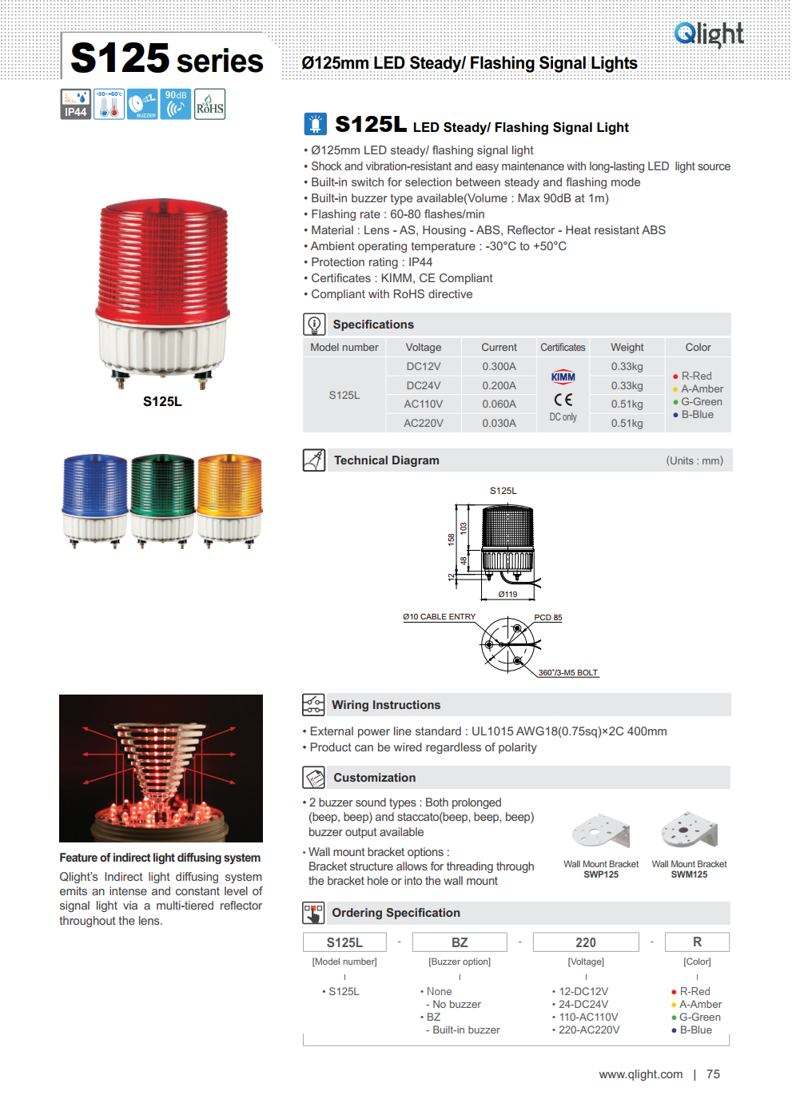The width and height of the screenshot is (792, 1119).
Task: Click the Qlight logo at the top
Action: coord(709,34)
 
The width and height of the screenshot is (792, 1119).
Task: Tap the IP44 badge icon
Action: coord(76,104)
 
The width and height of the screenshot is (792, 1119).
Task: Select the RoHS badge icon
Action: coord(210,104)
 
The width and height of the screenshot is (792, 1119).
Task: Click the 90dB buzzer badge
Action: coord(176,104)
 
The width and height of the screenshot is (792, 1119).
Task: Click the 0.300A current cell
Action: coord(499,367)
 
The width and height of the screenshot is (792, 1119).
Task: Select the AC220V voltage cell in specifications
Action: coord(424,424)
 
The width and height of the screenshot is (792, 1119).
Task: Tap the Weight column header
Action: coord(627,348)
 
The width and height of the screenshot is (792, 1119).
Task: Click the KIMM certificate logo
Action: coord(563,377)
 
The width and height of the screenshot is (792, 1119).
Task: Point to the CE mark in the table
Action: coord(563,400)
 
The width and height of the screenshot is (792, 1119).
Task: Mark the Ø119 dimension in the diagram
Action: coord(507,594)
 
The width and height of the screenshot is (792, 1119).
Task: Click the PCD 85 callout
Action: coord(548,618)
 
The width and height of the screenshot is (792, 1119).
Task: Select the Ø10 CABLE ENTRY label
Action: coord(439,617)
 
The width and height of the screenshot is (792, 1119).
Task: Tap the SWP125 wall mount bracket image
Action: coord(601,832)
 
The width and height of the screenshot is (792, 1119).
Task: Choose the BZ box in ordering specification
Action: coord(460,942)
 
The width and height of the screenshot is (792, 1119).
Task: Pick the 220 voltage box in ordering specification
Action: coord(586,942)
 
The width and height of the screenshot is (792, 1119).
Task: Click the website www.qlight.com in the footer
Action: coord(641,1074)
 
